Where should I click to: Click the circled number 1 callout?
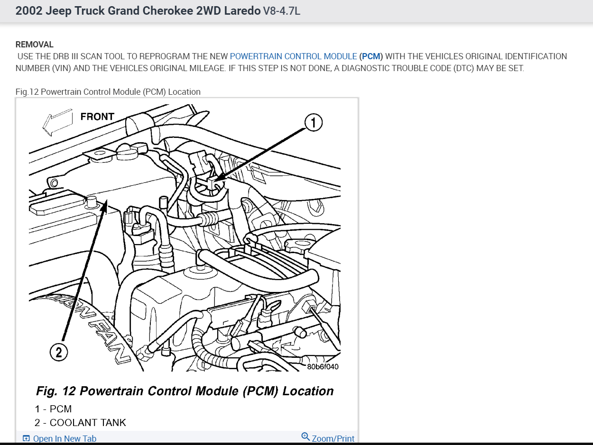pos(313,123)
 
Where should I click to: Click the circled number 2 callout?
pos(58,352)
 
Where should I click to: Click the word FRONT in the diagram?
pos(97,117)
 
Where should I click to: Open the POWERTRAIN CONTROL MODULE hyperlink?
pos(293,56)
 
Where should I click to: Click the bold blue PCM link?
pos(371,56)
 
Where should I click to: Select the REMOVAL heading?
pos(35,45)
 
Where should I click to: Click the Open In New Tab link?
pos(65,439)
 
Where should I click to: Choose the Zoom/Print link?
pos(333,439)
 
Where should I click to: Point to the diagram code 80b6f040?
pos(323,366)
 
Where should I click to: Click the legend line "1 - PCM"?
pos(53,409)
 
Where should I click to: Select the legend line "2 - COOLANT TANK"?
pos(80,422)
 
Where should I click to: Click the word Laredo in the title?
pos(241,11)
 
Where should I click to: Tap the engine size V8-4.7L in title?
pos(282,11)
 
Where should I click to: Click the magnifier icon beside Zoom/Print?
pos(306,437)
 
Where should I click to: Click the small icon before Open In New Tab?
pos(27,439)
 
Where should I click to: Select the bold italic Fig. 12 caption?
pos(185,391)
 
